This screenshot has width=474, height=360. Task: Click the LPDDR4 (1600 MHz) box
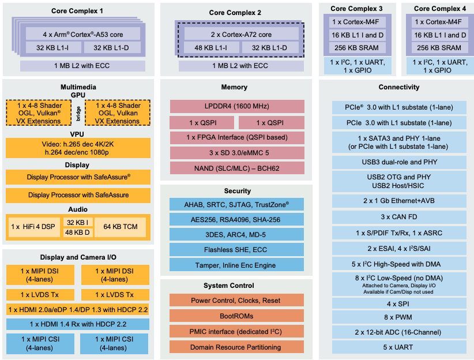(237, 107)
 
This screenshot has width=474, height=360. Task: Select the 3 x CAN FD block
(399, 217)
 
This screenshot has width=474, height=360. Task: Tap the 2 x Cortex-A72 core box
(241, 35)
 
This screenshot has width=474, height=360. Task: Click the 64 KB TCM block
(121, 227)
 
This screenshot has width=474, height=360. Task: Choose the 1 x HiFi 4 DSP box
(33, 227)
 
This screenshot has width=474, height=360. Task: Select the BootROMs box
(237, 316)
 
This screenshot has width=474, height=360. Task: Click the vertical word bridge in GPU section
(78, 113)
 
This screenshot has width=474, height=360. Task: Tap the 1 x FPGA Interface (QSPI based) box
(237, 138)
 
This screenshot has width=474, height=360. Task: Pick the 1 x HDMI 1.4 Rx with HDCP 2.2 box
(77, 324)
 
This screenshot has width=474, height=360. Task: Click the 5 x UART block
(399, 347)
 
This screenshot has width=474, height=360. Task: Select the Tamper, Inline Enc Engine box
(237, 265)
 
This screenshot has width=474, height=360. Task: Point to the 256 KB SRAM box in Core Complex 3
(356, 48)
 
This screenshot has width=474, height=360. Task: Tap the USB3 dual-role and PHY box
(399, 163)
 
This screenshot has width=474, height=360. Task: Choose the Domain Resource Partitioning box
(237, 347)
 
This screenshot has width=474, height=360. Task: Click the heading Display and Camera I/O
(77, 257)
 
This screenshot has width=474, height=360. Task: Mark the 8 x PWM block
(399, 318)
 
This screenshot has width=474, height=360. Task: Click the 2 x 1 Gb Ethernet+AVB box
(399, 201)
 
